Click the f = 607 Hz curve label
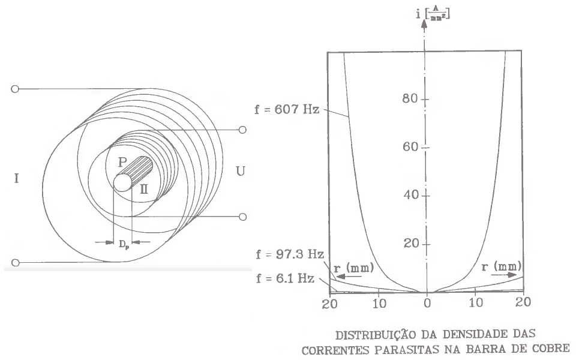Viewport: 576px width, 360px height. point(287,109)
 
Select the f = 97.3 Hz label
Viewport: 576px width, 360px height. point(290,254)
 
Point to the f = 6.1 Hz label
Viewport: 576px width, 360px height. point(285,278)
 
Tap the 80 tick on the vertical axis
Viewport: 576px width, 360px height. point(410,98)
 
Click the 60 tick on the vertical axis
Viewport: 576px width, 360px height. point(410,146)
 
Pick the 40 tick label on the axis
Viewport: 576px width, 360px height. point(411,194)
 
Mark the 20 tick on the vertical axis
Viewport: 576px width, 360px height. point(411,243)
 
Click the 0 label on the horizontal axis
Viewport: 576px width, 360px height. point(427,304)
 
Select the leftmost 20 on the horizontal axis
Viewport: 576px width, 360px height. point(329,304)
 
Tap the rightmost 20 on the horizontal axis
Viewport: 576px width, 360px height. point(523,302)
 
